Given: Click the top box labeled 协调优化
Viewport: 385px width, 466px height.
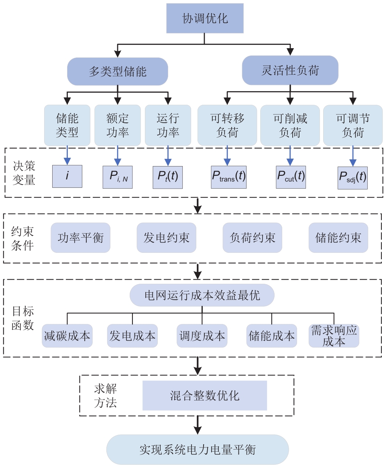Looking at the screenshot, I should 205,18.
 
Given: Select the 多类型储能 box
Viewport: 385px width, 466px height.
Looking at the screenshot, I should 117,71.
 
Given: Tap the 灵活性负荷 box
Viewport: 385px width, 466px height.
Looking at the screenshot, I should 290,71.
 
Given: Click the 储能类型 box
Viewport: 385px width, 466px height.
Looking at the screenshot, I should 67,125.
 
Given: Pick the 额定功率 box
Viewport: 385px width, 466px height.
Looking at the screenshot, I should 118,125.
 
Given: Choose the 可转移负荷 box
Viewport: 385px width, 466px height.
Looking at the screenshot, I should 227,125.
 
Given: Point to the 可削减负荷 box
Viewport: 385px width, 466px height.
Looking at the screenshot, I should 290,125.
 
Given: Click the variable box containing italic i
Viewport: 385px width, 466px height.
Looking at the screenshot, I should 67,176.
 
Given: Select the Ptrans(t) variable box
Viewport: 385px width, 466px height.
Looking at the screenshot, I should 228,176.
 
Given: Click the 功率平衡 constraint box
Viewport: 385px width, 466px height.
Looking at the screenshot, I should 80,238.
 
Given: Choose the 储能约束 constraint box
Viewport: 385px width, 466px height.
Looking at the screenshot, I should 338,238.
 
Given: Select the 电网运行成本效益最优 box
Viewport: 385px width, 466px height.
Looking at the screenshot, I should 202,296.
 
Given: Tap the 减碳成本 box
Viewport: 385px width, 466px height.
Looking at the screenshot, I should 67,336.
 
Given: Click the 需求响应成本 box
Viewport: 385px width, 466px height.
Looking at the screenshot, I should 334,336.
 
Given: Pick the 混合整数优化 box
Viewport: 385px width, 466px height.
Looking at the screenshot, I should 205,395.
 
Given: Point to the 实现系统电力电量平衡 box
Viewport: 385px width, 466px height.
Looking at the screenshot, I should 198,449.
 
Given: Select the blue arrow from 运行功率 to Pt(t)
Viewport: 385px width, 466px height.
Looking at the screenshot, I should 168,155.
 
